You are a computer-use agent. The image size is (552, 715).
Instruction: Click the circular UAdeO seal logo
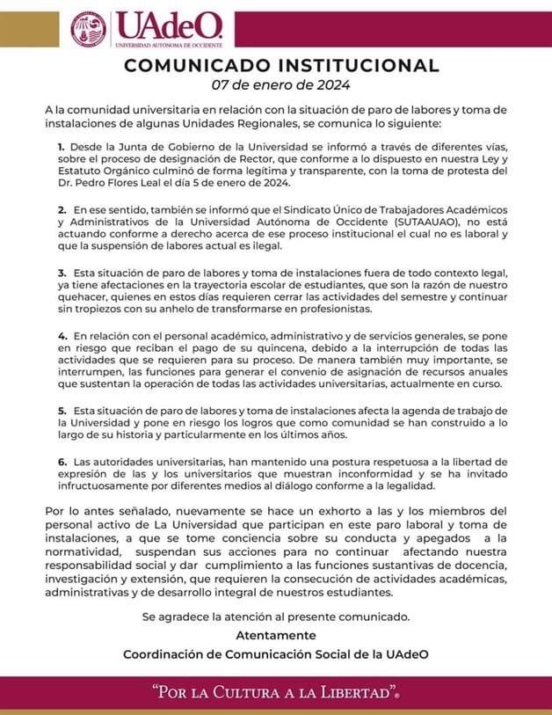click(89, 29)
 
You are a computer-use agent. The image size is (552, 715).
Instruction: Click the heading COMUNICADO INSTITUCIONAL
click(281, 65)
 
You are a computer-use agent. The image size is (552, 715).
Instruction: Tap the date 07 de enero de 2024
click(281, 85)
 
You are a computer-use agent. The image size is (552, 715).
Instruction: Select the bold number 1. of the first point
click(62, 146)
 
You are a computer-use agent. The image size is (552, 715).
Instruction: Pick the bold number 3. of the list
click(62, 274)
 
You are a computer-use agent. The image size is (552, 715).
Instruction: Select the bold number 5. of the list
click(62, 410)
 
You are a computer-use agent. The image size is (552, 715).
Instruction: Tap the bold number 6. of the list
click(62, 461)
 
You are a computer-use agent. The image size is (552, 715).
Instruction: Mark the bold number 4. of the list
click(62, 336)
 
